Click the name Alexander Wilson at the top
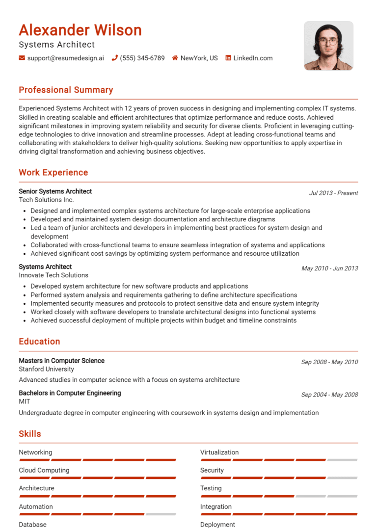tap(80, 30)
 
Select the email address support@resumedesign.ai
tap(65, 58)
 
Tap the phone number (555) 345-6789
tap(142, 58)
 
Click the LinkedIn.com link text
tap(253, 58)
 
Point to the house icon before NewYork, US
tap(175, 58)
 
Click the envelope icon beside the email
tap(22, 58)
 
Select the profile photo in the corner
tap(328, 46)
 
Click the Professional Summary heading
tap(66, 90)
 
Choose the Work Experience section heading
tap(54, 172)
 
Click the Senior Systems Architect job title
tap(55, 191)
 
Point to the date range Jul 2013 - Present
tap(333, 193)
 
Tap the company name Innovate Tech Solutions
tap(54, 275)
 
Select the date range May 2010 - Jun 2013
tap(329, 268)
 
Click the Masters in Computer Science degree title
tap(61, 361)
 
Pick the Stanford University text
tap(47, 369)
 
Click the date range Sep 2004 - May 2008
tap(329, 395)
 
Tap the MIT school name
tap(25, 401)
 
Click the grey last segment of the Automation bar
tap(161, 514)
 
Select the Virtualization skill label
tap(219, 452)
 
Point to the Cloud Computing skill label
tap(44, 470)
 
